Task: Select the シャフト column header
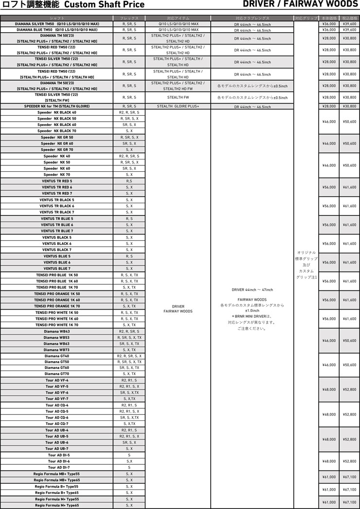57,18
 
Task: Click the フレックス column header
129,18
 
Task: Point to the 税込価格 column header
349,18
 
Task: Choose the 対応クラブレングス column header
252,18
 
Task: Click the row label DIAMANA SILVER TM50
57,23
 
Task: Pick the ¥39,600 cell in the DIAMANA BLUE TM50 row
349,29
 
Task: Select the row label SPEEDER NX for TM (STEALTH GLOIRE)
57,106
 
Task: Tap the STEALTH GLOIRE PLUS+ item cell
178,106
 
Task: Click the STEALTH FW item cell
178,97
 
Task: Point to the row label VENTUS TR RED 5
57,181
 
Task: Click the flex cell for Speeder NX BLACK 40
129,112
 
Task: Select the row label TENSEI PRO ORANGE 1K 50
57,294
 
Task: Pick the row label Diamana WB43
57,331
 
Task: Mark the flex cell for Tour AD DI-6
129,461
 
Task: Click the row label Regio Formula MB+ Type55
57,473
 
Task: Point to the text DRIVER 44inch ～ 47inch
252,290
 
